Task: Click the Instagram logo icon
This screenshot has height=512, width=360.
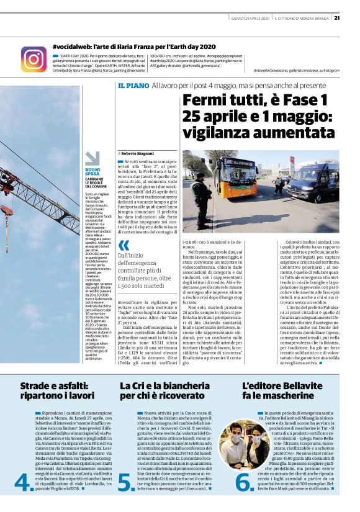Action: click(34, 59)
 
